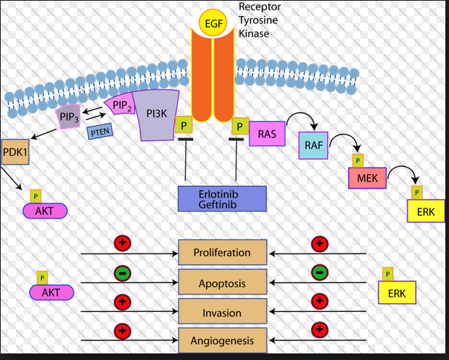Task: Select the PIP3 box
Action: click(x=69, y=116)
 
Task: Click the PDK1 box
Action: click(x=15, y=152)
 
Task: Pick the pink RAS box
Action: click(x=267, y=135)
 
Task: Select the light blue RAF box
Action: click(x=313, y=146)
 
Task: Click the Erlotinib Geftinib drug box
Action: click(x=222, y=199)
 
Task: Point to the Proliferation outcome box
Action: click(x=222, y=253)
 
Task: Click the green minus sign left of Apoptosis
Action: click(x=122, y=273)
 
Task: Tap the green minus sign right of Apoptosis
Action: click(x=319, y=273)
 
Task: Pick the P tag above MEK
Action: click(x=357, y=160)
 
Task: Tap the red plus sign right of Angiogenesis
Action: click(x=319, y=329)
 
